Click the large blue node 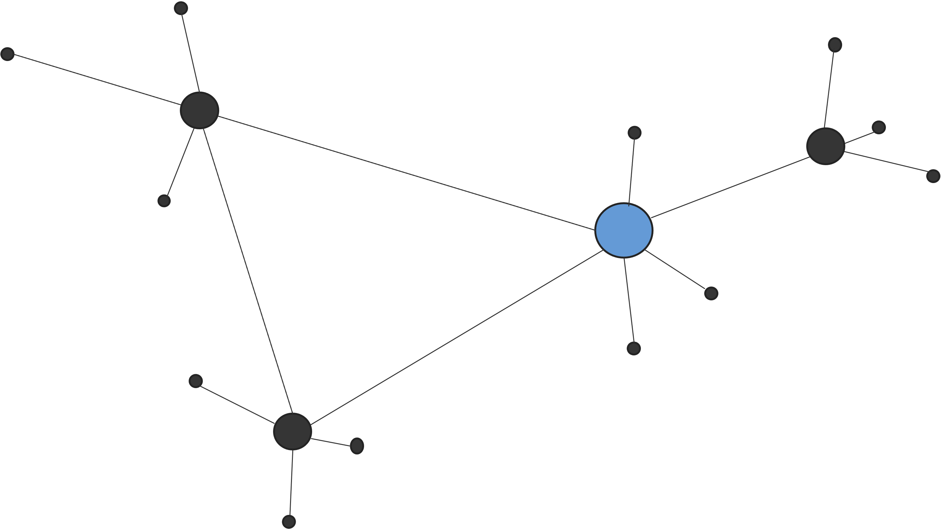(x=624, y=230)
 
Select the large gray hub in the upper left (x=199, y=110)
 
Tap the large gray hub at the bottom (x=293, y=432)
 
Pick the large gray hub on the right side (x=825, y=146)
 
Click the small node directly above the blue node (x=635, y=132)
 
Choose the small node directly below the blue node (x=634, y=348)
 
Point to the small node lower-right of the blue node (x=711, y=293)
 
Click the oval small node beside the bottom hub (x=357, y=446)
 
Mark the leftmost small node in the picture (x=8, y=54)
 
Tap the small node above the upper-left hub (x=181, y=8)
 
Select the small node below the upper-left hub (x=164, y=201)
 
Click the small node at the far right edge (x=933, y=176)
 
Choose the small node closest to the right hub (x=879, y=127)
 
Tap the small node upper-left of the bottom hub (x=196, y=381)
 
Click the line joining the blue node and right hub (x=729, y=187)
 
